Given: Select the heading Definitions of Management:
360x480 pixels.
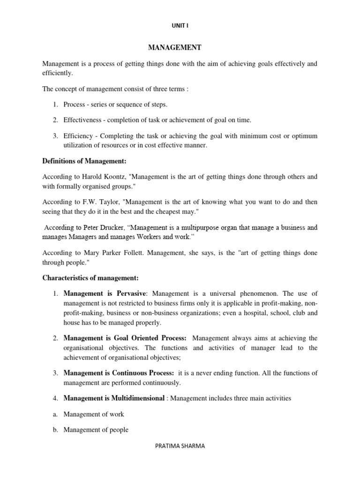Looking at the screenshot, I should [84, 161].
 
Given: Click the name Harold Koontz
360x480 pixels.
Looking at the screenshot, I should [103, 177].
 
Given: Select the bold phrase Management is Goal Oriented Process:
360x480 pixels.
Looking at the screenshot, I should [125, 338].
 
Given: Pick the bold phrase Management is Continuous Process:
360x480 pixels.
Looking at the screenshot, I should [119, 373].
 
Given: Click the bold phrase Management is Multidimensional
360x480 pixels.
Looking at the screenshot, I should [114, 398].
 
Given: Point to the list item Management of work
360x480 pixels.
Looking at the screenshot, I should [94, 414].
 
